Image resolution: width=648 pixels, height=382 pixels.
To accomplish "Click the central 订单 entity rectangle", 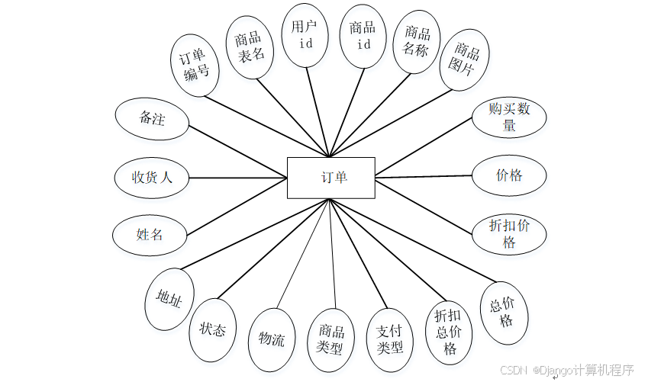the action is (x=330, y=177).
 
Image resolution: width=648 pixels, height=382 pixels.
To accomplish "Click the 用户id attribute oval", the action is (x=305, y=35).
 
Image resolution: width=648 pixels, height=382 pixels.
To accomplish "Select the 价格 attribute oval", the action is (x=509, y=175).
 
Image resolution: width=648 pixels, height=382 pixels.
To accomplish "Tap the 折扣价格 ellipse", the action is (x=509, y=234).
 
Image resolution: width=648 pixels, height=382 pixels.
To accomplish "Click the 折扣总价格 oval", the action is (x=450, y=332).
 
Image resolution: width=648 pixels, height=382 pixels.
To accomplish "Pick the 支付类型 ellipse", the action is (x=390, y=339).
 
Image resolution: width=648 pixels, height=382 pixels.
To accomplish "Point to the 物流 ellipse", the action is (x=272, y=339).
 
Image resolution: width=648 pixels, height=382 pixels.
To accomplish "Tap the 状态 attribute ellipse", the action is (x=213, y=330).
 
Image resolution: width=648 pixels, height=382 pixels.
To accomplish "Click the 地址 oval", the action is (x=169, y=299).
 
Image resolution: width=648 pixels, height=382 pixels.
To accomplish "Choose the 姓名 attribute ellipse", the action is (x=150, y=235).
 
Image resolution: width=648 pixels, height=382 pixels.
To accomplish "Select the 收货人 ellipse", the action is (x=152, y=178).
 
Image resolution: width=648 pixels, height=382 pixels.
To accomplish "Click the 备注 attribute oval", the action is (x=152, y=119).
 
